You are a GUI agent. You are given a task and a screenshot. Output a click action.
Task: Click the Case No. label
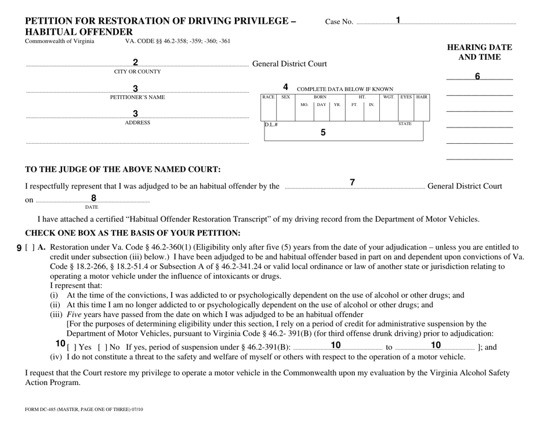tap(339, 22)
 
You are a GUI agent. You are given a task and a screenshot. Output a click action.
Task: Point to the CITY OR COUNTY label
tap(137, 72)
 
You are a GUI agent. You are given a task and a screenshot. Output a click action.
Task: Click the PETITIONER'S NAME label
tap(137, 97)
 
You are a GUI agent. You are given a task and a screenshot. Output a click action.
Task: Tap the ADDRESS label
tap(137, 123)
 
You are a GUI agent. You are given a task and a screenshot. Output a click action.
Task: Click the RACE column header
tap(269, 97)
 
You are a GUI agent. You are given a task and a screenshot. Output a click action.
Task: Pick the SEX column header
tap(285, 97)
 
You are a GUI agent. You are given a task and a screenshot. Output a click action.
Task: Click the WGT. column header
tap(389, 97)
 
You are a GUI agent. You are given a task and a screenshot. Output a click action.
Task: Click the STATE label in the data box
tap(405, 123)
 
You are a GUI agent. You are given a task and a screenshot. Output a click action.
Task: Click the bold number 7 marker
tap(352, 182)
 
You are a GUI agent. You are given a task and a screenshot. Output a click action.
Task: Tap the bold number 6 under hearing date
tap(478, 77)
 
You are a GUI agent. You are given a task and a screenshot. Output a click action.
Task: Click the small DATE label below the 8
tap(92, 206)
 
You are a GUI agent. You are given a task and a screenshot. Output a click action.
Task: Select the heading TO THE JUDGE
tap(122, 169)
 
